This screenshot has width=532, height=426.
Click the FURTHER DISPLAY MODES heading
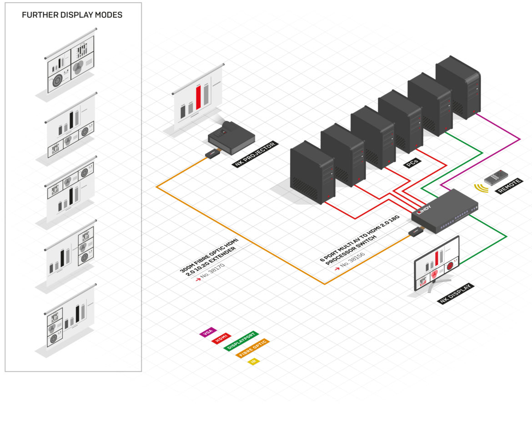click(72, 15)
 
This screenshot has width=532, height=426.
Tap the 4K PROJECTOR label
click(255, 154)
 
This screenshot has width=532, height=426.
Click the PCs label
click(412, 163)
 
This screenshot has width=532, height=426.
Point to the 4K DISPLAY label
click(455, 294)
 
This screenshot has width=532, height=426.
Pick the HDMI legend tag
click(221, 338)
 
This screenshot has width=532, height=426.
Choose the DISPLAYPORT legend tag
click(241, 341)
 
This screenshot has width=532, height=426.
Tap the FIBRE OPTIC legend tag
click(253, 348)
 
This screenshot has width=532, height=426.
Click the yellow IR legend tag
click(253, 361)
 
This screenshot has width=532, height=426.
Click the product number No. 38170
click(212, 271)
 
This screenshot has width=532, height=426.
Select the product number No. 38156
click(352, 260)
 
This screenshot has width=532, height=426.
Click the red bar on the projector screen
click(198, 98)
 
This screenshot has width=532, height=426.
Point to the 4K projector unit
click(231, 138)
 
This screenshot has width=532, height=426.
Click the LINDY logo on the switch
click(424, 210)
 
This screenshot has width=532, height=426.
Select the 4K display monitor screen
click(437, 264)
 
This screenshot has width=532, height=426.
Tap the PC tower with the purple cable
click(458, 87)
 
